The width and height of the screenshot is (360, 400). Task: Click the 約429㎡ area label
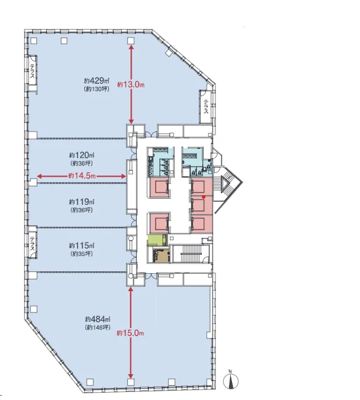click(x=97, y=81)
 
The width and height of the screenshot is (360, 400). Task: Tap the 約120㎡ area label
click(x=81, y=155)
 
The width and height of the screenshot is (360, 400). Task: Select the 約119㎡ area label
click(x=81, y=202)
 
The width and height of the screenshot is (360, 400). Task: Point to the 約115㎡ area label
click(x=81, y=246)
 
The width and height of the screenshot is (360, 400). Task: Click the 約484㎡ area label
click(x=98, y=319)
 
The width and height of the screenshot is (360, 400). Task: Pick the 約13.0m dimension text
click(x=131, y=85)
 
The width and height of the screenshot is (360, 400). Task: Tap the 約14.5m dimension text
click(x=82, y=176)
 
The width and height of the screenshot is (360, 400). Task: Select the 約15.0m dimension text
click(x=130, y=333)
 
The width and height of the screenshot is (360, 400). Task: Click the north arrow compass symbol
click(x=231, y=381)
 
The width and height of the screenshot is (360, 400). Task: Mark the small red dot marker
click(x=203, y=197)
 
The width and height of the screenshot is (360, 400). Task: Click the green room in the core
click(x=158, y=241)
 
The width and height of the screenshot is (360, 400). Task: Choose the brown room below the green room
click(x=161, y=255)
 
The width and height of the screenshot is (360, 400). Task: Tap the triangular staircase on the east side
click(x=227, y=188)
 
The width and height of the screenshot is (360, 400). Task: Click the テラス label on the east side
click(x=206, y=106)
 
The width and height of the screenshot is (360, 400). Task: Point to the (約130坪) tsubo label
click(x=97, y=89)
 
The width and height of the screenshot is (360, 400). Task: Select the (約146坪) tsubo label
click(x=98, y=327)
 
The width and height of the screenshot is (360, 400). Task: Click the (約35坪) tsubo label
click(x=81, y=254)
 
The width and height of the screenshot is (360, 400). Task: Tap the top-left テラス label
click(x=33, y=71)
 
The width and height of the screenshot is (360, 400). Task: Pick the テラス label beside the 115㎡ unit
click(x=33, y=244)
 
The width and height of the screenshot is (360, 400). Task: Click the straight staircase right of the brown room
click(x=191, y=254)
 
